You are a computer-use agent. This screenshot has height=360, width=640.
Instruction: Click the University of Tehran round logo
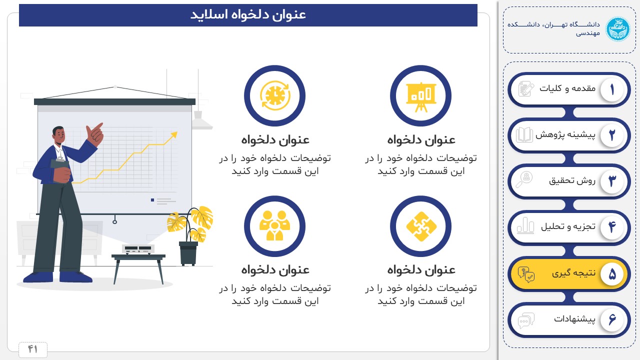pos(617,29)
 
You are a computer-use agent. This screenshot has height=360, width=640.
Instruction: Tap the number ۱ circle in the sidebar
pos(611,89)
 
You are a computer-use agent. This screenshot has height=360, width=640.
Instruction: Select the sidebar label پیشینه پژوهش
pos(565,134)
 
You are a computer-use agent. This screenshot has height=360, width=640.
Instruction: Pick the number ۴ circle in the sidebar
pos(611,227)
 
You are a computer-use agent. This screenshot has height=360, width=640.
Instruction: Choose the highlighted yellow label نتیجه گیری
pos(573,273)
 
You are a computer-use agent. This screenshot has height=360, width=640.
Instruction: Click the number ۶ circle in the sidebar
pos(611,319)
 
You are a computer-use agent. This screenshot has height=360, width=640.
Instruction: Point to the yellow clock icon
pos(275,95)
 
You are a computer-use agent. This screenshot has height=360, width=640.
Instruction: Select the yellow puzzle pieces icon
pos(421,226)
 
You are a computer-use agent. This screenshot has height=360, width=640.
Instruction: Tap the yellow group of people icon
pos(275,225)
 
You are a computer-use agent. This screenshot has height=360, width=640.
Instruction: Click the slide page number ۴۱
pos(32,349)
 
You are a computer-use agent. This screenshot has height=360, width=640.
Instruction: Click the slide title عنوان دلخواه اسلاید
pos(248,14)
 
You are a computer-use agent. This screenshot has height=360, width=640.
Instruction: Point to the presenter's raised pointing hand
pos(94,134)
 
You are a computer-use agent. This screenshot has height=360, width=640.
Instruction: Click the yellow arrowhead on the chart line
pos(173,135)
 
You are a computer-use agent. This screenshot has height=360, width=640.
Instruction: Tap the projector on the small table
pos(138,249)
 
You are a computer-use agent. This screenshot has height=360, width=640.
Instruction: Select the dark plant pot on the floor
pos(188,253)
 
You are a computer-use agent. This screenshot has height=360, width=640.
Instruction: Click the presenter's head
pos(59,135)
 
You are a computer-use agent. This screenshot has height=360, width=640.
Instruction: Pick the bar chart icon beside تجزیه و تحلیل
pos(525,225)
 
